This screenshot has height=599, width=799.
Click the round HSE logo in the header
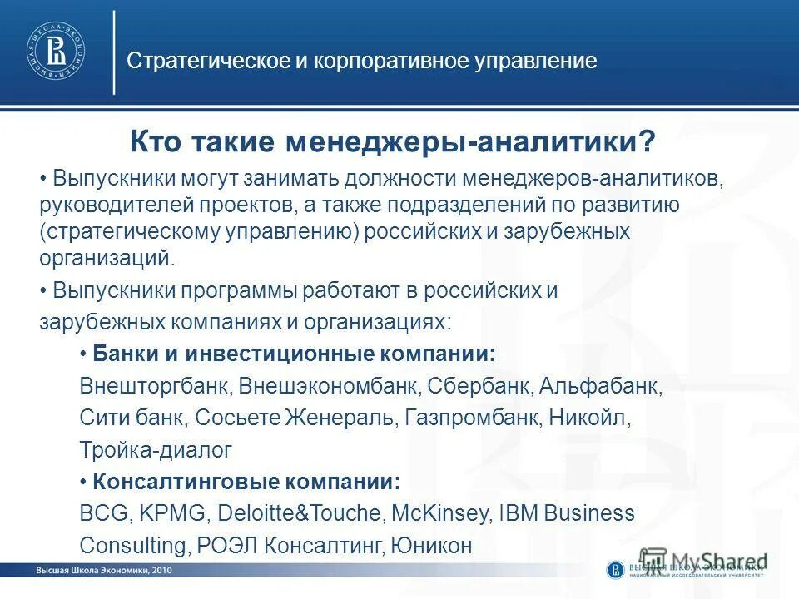[x=57, y=52]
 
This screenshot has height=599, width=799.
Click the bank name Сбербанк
[x=486, y=387]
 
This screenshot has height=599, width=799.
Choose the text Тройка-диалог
[x=156, y=450]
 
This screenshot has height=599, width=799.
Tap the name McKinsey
[x=437, y=513]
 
